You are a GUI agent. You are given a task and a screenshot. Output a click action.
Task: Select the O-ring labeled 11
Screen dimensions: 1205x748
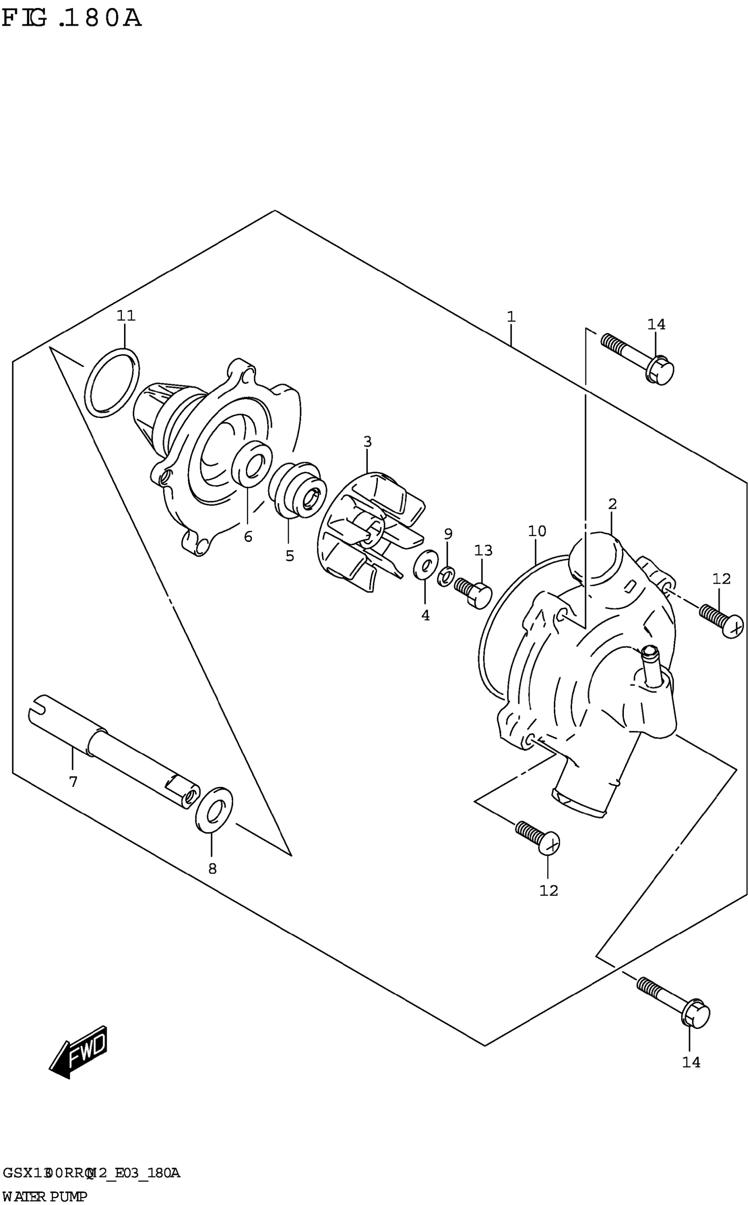tap(112, 382)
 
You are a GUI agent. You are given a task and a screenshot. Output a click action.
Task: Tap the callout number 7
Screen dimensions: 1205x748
tap(73, 782)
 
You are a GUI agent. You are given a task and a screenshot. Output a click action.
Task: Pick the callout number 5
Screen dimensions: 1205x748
tap(290, 555)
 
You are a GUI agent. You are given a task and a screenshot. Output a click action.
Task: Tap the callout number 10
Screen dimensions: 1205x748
tap(537, 531)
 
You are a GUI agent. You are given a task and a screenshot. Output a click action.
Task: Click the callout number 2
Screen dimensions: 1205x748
tap(612, 504)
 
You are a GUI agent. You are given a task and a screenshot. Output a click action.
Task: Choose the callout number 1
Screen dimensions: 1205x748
tap(511, 316)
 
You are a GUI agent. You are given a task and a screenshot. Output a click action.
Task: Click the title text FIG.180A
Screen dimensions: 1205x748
tap(72, 18)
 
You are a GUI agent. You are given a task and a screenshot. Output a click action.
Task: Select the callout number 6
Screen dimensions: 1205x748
tap(248, 536)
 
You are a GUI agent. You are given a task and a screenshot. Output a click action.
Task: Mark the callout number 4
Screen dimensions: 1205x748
tap(425, 615)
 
